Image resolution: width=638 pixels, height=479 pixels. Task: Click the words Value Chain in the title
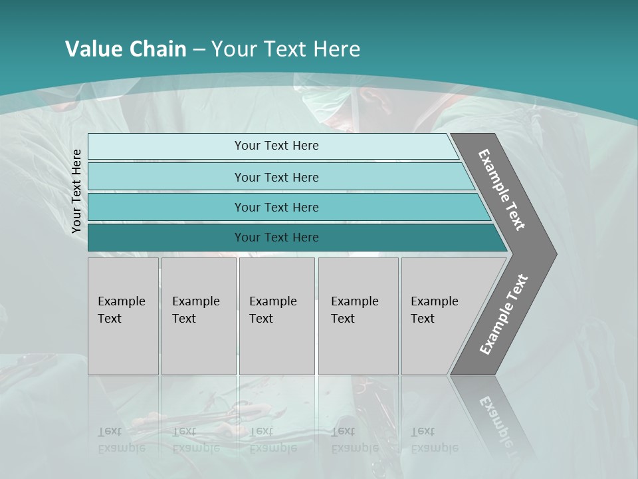point(126,49)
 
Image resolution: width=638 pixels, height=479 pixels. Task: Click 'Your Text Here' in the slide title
point(285,49)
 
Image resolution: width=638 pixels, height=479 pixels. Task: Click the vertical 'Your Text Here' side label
point(76,191)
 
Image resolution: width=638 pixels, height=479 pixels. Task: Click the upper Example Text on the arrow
point(502,190)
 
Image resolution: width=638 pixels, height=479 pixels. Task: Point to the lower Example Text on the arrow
point(503,315)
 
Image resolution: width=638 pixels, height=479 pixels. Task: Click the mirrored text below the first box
point(121,440)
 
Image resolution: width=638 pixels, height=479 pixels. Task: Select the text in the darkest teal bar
point(276,238)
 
